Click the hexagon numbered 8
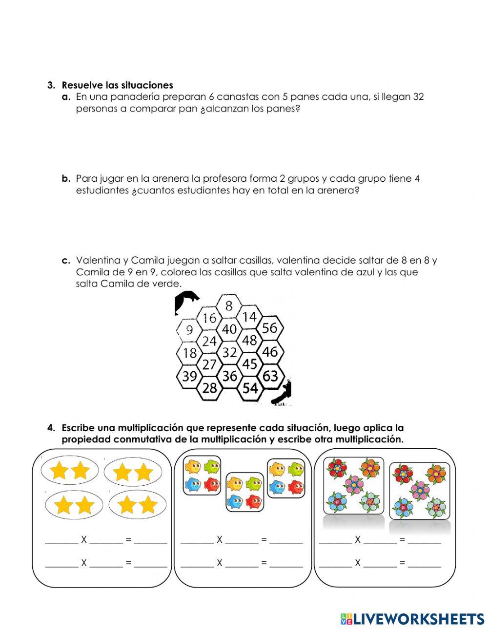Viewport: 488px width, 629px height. [229, 306]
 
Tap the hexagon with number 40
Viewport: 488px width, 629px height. [229, 329]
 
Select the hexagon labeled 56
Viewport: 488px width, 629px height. [269, 328]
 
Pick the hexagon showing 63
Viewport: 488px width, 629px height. [270, 376]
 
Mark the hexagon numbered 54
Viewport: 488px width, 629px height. [250, 388]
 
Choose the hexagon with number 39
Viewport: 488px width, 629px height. [189, 376]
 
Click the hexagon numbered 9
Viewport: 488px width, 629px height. [189, 330]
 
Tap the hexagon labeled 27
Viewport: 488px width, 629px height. [209, 364]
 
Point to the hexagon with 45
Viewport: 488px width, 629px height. [249, 364]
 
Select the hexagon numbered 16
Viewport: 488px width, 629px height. [209, 318]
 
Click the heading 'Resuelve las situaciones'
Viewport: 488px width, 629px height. [117, 85]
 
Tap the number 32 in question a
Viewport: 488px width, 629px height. [418, 96]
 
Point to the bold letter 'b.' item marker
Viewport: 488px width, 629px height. [66, 178]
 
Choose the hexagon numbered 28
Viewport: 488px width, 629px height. [209, 388]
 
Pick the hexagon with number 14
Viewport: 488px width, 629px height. [249, 317]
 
